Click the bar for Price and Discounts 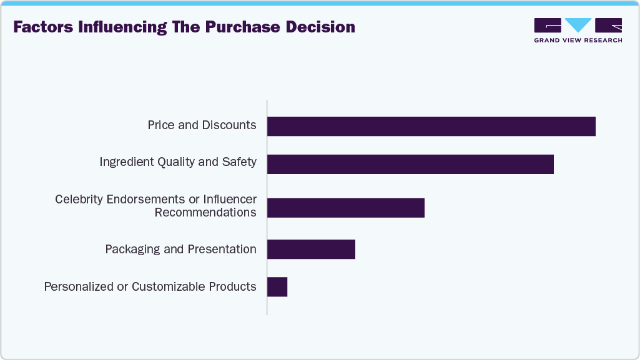tap(431, 126)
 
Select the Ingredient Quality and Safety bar tap(410, 164)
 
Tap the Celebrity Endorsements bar tap(345, 208)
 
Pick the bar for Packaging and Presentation tap(311, 249)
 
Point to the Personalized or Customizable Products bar tap(277, 287)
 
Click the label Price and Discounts tap(202, 125)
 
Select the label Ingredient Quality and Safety tap(178, 162)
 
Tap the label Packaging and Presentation tap(180, 250)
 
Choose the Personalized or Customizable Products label tap(150, 287)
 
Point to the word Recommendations tap(205, 213)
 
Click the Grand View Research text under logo tap(578, 41)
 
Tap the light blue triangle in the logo tap(578, 25)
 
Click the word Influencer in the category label tap(226, 200)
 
